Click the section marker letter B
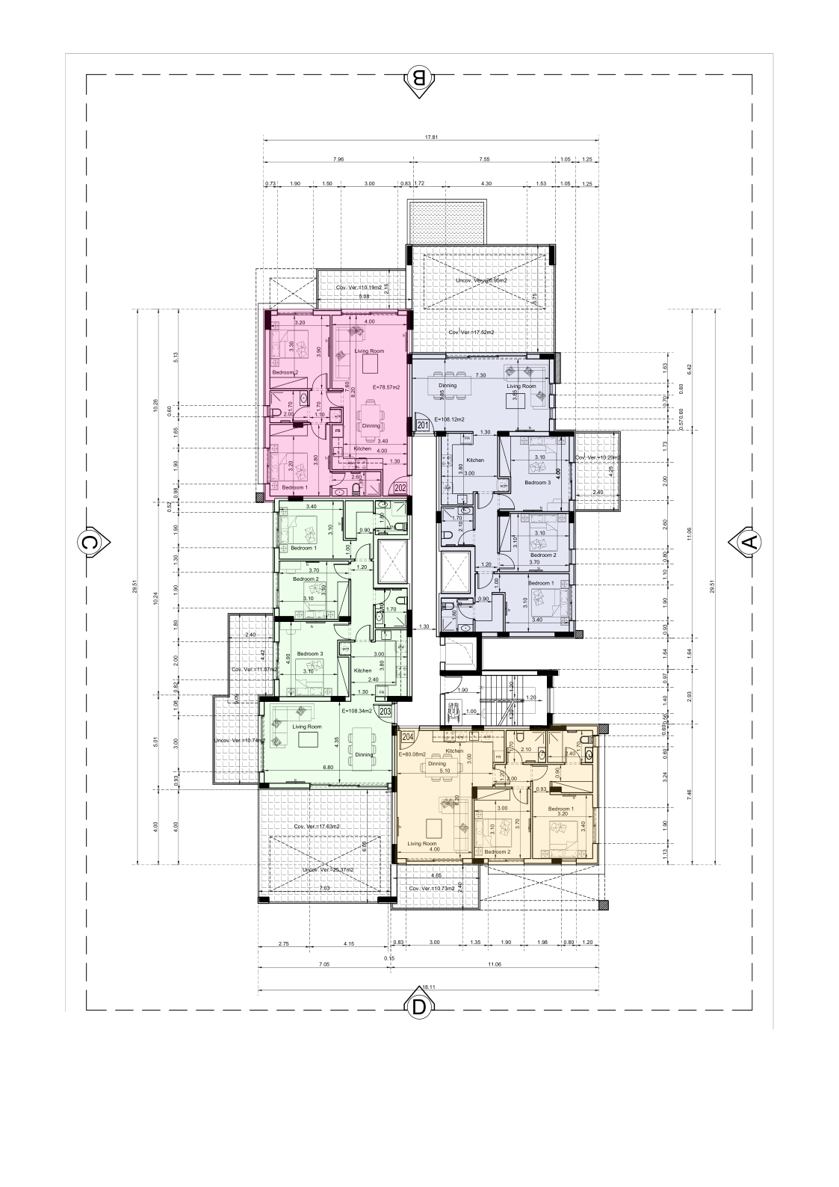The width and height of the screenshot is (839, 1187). tap(419, 77)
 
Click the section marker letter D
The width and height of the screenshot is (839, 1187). tap(419, 1007)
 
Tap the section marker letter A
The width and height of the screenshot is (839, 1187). tap(749, 543)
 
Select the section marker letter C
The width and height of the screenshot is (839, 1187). tap(90, 543)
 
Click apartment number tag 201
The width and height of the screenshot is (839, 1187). tap(423, 425)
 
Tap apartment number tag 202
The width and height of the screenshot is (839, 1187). tap(400, 488)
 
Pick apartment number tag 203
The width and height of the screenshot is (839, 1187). tap(385, 712)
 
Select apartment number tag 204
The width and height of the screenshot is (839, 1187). tap(408, 737)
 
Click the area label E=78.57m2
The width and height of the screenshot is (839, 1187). tap(386, 387)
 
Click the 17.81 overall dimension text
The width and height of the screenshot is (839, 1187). tap(430, 137)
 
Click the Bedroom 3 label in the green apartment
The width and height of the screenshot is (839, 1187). tap(309, 654)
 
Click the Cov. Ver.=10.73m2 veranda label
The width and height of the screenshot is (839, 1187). tap(432, 888)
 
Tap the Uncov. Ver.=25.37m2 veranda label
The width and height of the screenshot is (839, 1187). tap(328, 870)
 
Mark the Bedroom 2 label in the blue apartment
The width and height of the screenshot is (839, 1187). tap(543, 555)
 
